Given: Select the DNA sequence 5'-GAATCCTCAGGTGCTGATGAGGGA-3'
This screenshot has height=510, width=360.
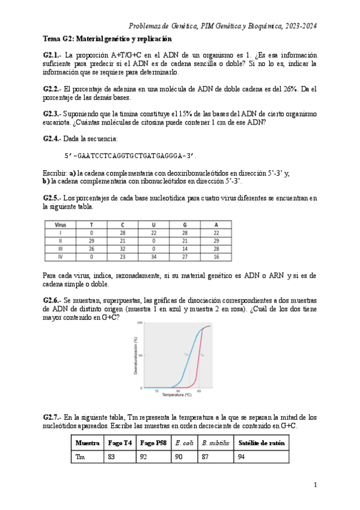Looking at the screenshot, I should coord(130,156).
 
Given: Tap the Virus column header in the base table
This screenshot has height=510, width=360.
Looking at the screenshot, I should coord(59,224).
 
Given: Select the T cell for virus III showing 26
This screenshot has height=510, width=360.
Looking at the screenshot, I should coord(92,248).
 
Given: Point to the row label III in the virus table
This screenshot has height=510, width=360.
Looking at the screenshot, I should coord(59,248).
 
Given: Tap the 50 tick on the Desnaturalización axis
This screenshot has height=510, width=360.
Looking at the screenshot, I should coord(139,355).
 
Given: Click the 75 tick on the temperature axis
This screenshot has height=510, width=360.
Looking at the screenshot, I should coord(157,391).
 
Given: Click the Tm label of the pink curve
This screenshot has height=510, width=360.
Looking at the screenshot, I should coord(203,355).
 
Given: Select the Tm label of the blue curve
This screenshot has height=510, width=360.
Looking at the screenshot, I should coord(187,355).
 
